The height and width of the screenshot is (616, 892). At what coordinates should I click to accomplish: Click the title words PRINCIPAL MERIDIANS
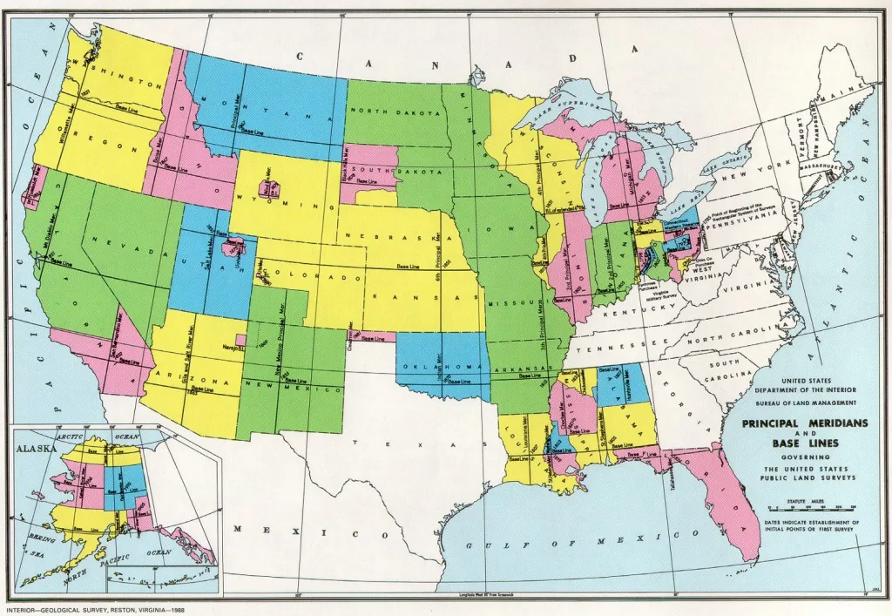point(805,423)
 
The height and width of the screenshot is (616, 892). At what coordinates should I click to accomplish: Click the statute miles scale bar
point(805,507)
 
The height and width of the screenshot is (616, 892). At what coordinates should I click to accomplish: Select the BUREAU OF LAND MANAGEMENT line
point(805,403)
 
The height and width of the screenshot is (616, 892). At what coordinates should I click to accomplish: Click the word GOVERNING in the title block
point(805,457)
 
